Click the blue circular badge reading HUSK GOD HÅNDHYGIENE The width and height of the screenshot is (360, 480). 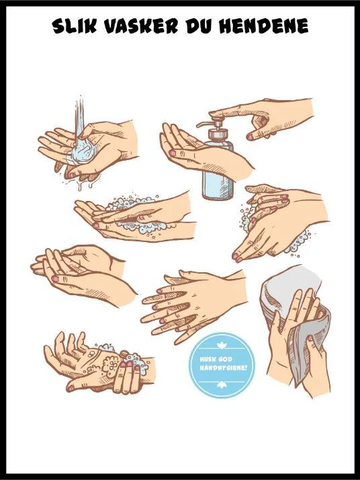[222, 365]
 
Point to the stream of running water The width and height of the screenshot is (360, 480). [79, 116]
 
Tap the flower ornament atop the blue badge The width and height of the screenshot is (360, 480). [220, 346]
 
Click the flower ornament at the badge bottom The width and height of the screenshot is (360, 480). [220, 385]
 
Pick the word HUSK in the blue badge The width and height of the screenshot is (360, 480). [208, 359]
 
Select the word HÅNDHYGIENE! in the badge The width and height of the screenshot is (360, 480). [223, 367]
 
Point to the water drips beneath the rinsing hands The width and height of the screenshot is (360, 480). [78, 183]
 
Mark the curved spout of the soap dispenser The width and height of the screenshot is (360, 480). [204, 124]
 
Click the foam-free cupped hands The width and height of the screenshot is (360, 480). [83, 274]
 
